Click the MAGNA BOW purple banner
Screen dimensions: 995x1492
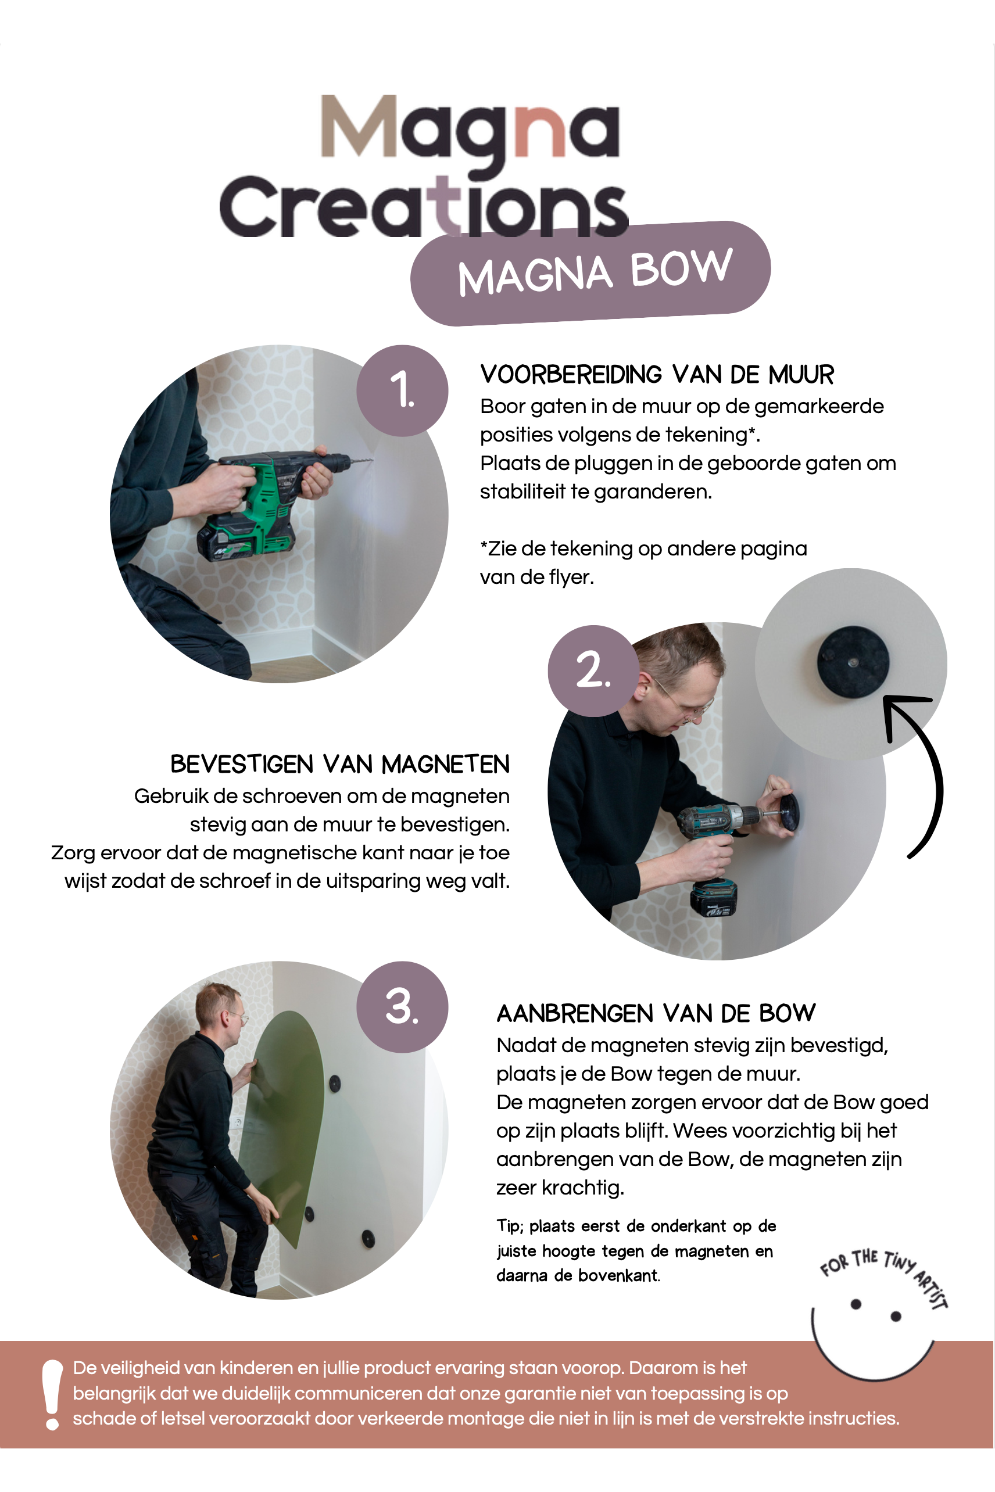tap(590, 274)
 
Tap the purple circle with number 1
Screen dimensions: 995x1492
tap(402, 391)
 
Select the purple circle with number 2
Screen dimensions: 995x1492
tap(593, 671)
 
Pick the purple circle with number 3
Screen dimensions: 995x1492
tap(402, 1007)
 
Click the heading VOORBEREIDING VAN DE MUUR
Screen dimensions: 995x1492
tap(657, 375)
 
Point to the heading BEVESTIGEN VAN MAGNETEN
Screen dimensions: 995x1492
tap(340, 765)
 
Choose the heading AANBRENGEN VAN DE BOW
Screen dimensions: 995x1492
tap(656, 1014)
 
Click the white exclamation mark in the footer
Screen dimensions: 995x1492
tap(52, 1395)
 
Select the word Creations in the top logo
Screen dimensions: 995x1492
tap(423, 206)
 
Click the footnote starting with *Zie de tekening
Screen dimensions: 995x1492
tap(643, 562)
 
